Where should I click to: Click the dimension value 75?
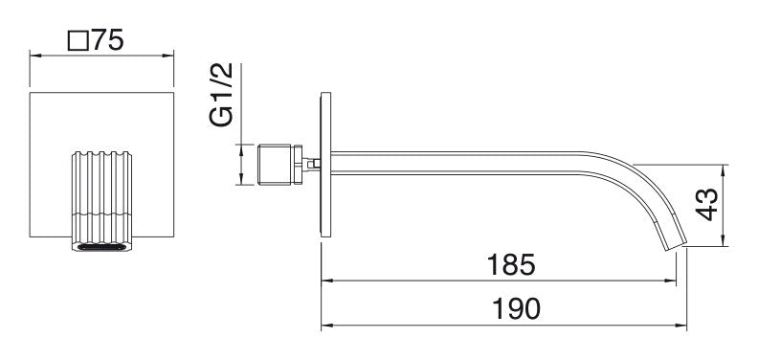(108, 39)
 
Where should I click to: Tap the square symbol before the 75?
(78, 40)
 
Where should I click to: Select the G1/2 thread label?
(221, 95)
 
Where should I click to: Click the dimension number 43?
(707, 205)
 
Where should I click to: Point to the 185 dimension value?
(511, 264)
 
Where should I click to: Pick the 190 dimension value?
(516, 308)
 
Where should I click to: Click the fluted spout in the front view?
(101, 201)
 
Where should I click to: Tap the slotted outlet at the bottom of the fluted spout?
(101, 247)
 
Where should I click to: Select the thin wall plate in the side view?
(325, 165)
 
